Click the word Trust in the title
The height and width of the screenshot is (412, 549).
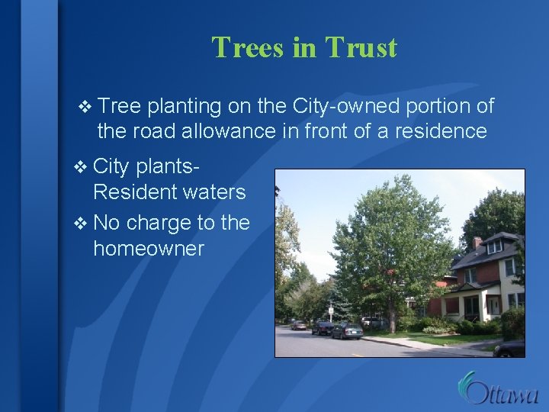tap(361, 47)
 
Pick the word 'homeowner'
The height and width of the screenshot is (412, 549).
tap(149, 249)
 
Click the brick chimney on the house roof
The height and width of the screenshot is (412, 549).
tap(478, 243)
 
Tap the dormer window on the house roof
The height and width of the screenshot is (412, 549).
tap(495, 246)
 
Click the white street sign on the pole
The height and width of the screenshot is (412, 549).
tap(331, 310)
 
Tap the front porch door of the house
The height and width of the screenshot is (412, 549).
tap(474, 307)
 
